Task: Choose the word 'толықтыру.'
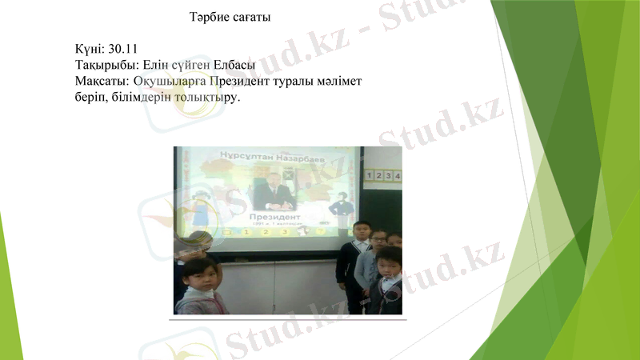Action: (207, 97)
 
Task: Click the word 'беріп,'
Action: (91, 97)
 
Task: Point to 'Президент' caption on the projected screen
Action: (274, 216)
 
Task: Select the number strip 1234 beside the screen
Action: (382, 175)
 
